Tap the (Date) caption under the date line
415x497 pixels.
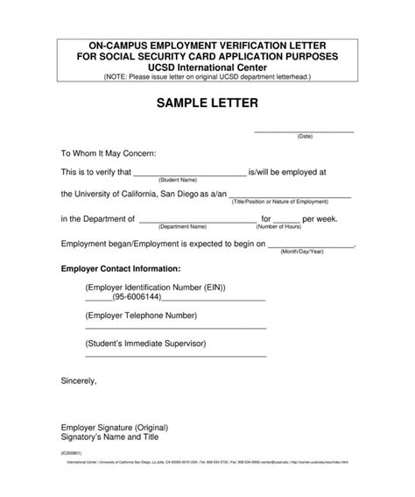(x=305, y=137)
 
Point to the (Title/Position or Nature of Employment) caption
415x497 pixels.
(x=292, y=202)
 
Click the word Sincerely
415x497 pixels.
(x=79, y=381)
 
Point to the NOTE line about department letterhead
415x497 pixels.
(x=207, y=77)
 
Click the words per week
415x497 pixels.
(x=320, y=219)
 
